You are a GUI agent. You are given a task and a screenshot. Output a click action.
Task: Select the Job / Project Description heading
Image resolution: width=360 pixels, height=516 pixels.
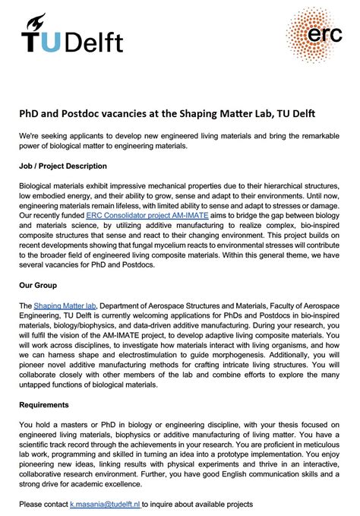click(63, 166)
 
